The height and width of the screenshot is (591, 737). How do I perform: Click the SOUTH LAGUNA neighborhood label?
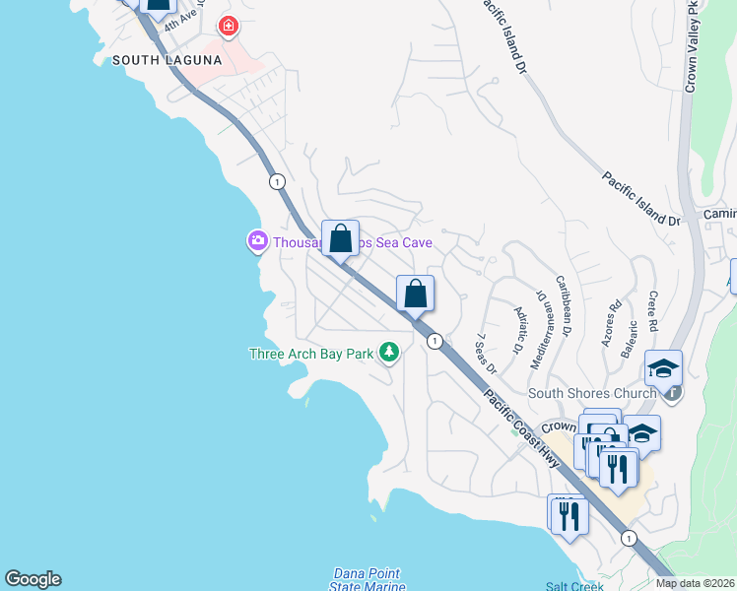tap(167, 60)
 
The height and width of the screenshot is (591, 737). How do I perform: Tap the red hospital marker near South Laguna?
tap(229, 26)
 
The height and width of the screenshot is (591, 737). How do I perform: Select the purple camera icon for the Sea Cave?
tap(258, 239)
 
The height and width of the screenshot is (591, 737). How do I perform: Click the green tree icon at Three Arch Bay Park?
tap(389, 352)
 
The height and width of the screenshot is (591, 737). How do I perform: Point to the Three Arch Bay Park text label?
tap(309, 354)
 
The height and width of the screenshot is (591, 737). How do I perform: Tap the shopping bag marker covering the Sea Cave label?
tap(340, 238)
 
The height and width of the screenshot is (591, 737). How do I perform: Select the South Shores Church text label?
tap(591, 394)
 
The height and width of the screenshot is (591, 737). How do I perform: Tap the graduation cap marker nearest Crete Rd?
tap(664, 368)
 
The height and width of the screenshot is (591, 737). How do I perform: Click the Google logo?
tap(33, 579)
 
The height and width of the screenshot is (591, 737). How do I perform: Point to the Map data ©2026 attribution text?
tap(695, 583)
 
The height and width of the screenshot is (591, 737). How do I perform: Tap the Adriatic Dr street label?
tap(518, 328)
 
